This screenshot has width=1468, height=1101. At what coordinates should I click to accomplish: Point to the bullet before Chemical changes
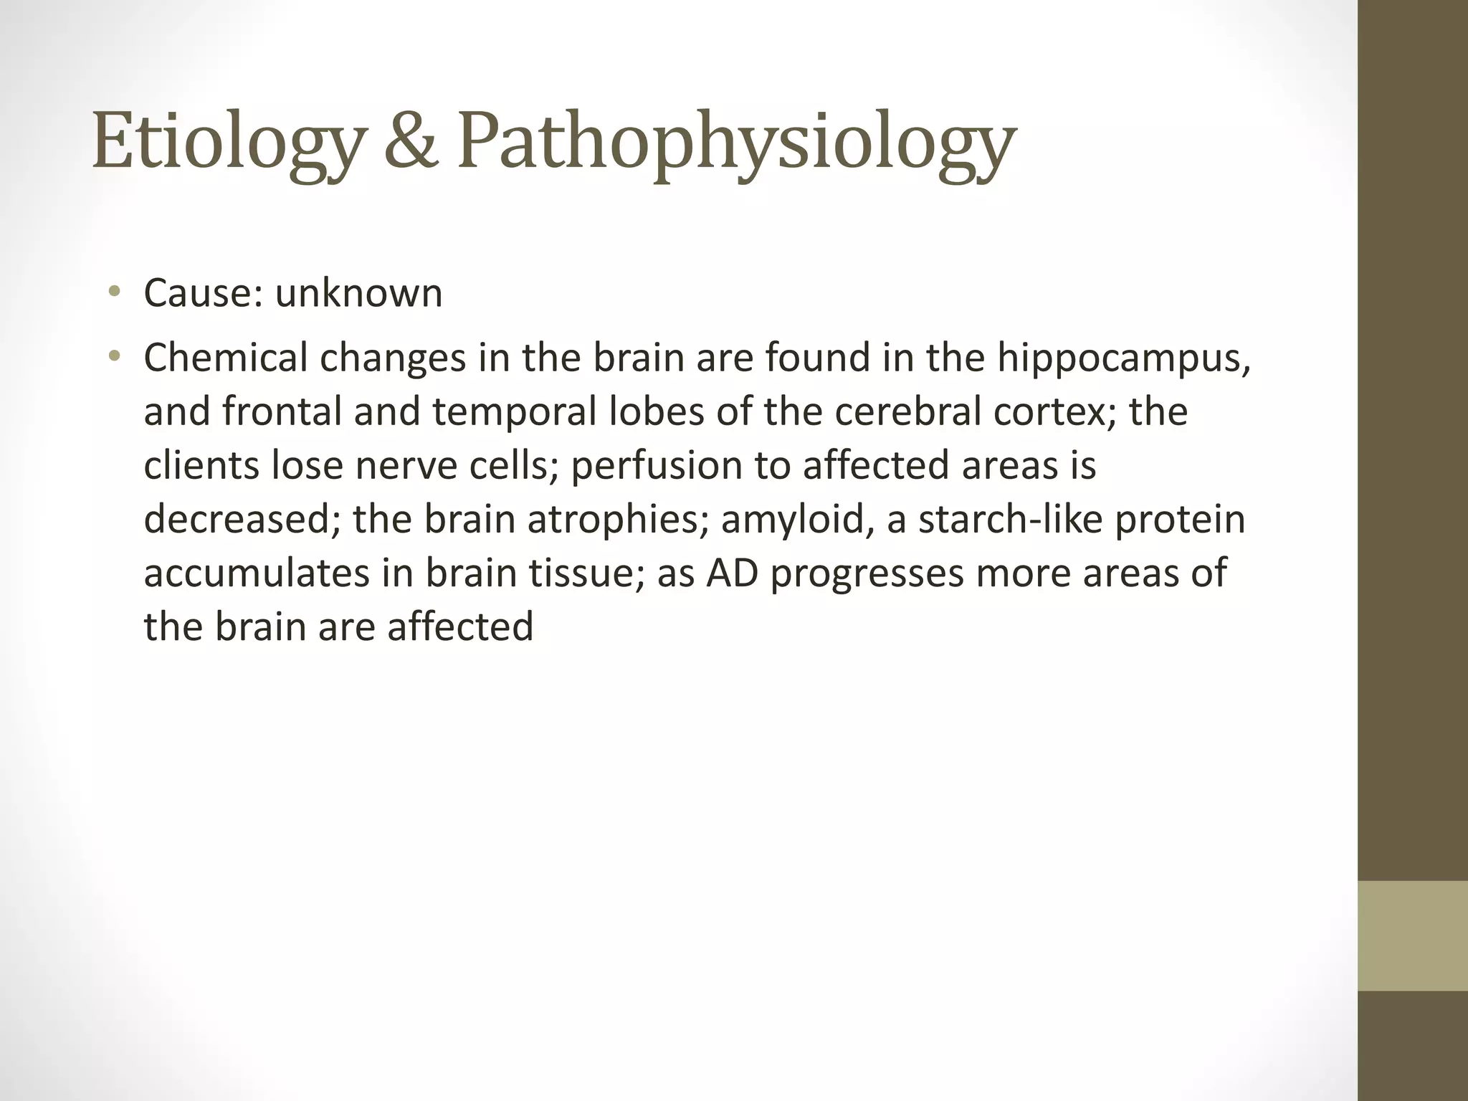[x=113, y=356]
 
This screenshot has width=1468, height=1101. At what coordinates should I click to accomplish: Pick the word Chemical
[x=225, y=358]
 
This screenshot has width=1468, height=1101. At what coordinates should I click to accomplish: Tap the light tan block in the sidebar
[x=1413, y=936]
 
